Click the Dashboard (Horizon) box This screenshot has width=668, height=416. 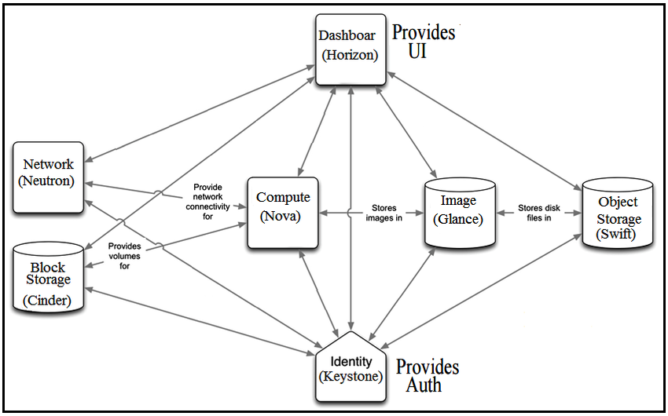click(x=351, y=49)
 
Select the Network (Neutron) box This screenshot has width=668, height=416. click(x=49, y=177)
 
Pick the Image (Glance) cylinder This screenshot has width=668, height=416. click(x=459, y=213)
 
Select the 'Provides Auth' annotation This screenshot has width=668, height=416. click(x=427, y=376)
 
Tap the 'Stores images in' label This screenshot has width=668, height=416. click(x=384, y=213)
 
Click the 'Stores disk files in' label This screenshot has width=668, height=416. click(x=538, y=213)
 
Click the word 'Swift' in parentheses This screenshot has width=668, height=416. click(x=618, y=234)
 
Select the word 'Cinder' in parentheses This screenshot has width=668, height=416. click(x=49, y=301)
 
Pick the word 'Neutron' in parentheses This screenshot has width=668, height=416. click(x=49, y=181)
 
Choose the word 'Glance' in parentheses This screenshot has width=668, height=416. click(x=459, y=219)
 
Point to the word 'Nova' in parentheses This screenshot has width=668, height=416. click(x=281, y=216)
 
